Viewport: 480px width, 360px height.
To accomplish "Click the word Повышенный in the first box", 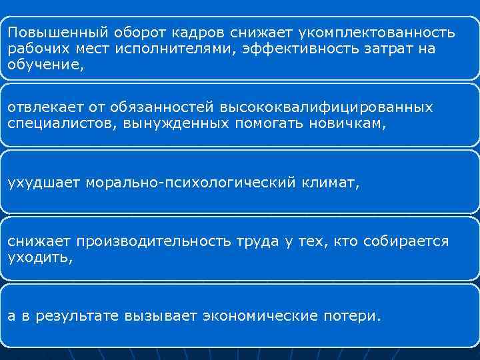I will (50, 32).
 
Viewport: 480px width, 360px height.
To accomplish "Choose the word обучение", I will (45, 65).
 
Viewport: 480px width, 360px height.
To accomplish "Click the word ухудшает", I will (44, 183).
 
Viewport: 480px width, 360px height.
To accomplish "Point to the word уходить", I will (39, 257).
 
